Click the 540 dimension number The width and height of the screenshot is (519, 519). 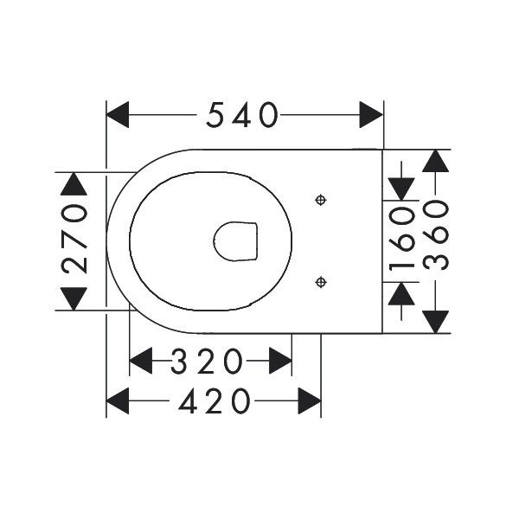241,115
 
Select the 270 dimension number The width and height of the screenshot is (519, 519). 74,239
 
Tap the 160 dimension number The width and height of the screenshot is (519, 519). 401,239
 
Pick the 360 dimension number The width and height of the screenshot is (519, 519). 436,235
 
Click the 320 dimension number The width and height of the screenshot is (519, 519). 207,361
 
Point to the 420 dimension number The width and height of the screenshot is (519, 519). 215,400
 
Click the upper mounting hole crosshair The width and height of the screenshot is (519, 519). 321,200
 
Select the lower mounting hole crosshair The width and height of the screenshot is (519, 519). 321,282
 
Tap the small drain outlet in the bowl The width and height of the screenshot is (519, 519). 235,241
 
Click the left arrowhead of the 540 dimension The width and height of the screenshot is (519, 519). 118,115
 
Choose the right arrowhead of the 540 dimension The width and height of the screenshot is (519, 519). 371,115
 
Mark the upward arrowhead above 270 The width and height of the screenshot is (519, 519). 74,184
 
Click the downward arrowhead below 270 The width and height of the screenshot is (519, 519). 74,298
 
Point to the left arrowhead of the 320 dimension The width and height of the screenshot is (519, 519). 141,361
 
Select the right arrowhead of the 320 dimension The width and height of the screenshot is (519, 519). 280,361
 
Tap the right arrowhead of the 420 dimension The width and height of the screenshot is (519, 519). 310,400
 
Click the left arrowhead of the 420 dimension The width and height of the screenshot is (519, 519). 118,400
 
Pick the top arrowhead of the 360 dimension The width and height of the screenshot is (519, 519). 436,161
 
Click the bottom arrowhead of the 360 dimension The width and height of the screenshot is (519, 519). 436,322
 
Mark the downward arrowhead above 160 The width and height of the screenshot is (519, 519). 401,189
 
